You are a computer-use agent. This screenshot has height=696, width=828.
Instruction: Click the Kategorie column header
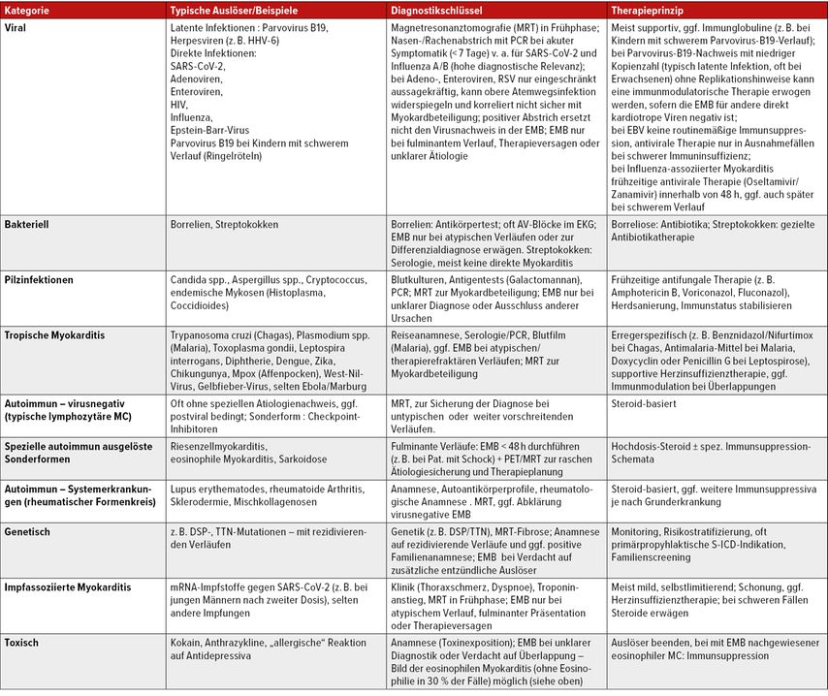coord(29,9)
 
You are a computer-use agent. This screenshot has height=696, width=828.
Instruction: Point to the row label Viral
coord(17,29)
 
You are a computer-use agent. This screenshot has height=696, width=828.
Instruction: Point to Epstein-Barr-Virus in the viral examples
coord(208,131)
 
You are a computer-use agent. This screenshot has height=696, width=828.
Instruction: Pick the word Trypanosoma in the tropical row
coord(199,334)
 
